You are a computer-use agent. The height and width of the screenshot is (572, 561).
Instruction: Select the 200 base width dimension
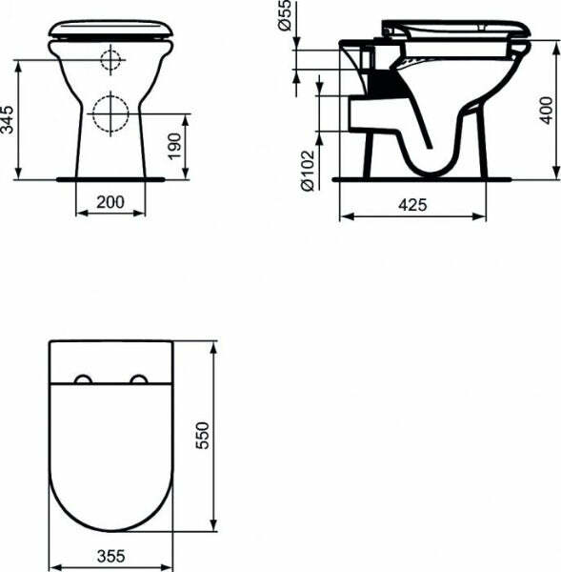(110, 201)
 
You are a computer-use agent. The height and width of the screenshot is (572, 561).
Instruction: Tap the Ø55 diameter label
(283, 18)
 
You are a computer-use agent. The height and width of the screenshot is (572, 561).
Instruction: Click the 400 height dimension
(545, 109)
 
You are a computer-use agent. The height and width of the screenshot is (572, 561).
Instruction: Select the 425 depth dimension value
(411, 205)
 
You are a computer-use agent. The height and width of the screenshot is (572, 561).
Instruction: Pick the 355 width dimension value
(111, 553)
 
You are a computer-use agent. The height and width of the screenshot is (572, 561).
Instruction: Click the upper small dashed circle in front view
(111, 61)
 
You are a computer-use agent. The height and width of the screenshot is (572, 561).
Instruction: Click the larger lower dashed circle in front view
(111, 115)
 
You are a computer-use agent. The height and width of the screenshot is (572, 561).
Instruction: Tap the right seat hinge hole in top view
(142, 381)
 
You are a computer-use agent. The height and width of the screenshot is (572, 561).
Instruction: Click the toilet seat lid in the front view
(110, 28)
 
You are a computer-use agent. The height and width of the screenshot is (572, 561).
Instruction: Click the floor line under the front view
(111, 178)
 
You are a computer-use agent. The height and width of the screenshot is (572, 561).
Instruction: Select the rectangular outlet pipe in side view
(367, 115)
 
